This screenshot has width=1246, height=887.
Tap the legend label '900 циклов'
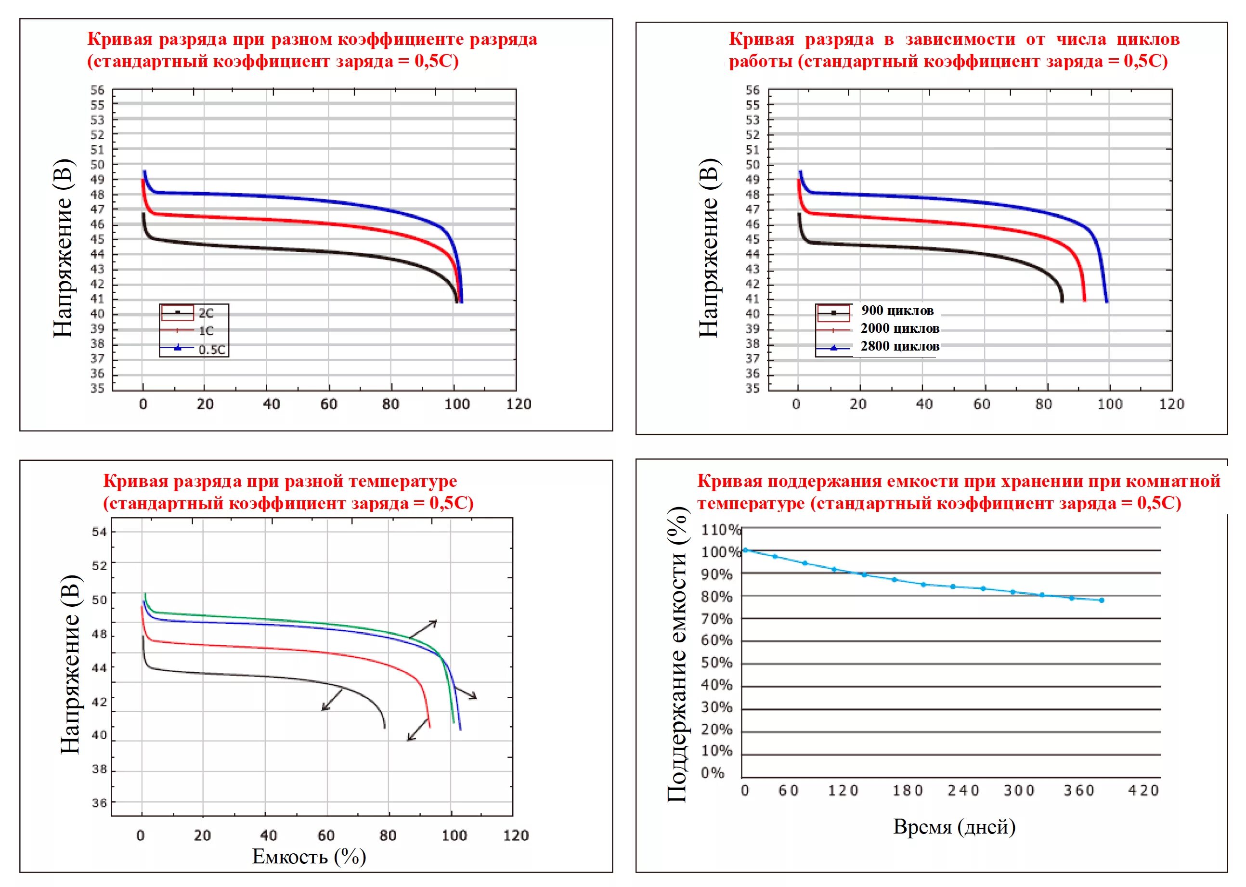click(x=897, y=311)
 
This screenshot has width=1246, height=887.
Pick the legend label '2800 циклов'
click(x=900, y=346)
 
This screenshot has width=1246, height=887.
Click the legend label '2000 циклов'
click(x=900, y=328)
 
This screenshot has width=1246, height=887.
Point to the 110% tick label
click(x=720, y=530)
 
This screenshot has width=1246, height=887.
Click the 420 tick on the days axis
click(x=1143, y=791)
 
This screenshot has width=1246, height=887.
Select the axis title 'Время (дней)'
click(x=954, y=826)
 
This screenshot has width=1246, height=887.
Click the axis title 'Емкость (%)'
click(x=309, y=856)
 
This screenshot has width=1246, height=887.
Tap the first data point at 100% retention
click(x=745, y=550)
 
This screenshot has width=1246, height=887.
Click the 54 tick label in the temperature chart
click(x=99, y=532)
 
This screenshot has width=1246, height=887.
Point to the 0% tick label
click(x=713, y=773)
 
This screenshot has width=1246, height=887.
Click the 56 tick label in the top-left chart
click(x=97, y=90)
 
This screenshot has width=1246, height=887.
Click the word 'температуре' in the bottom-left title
click(x=403, y=481)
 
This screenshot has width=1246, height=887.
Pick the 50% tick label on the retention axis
click(x=716, y=663)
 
